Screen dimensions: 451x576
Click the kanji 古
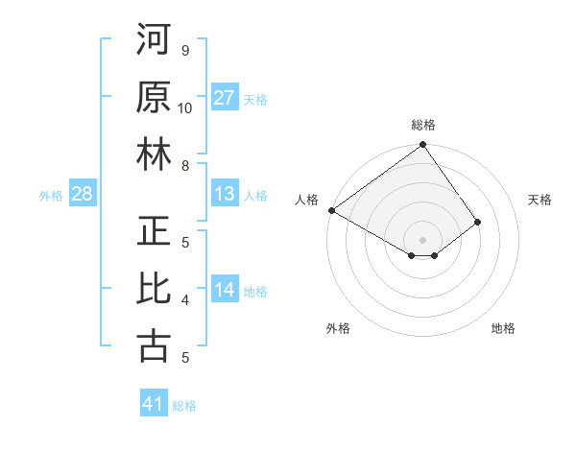coord(155,346)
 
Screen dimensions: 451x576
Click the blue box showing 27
coord(225,98)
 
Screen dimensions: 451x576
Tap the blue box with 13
coord(225,194)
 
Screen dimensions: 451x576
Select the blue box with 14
coord(225,290)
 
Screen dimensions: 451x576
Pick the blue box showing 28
coord(83,194)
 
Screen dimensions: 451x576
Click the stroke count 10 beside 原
coord(185,107)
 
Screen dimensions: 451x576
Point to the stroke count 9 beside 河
coord(185,50)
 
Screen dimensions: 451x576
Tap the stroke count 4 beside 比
coord(185,299)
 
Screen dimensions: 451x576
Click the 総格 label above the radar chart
coord(423,125)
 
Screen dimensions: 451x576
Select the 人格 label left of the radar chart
coord(307,199)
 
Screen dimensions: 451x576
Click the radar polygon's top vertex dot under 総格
coord(422,146)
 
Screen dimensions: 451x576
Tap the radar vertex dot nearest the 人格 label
coord(331,210)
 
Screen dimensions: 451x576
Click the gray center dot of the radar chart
coord(422,238)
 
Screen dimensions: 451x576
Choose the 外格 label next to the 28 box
coord(51,195)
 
